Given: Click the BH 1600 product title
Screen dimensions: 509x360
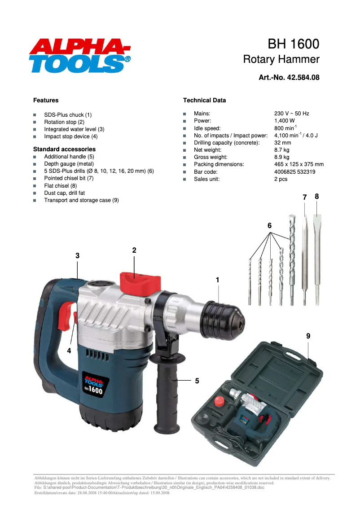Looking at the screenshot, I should pos(294,44).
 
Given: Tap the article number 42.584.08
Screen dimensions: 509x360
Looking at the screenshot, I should pos(289,77).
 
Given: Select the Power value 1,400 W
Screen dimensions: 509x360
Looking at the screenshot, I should pos(284,121).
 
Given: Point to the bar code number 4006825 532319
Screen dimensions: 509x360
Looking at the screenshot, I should pos(294,171).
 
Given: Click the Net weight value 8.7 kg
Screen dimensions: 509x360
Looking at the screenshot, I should pos(281,150).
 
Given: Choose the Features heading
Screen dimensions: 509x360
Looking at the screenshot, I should pos(46,100).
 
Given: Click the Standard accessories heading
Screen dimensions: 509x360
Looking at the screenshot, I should pos(64,149).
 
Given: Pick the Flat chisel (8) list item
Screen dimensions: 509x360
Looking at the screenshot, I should pos(60,185).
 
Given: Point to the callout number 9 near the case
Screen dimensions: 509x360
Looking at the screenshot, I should pos(308,336).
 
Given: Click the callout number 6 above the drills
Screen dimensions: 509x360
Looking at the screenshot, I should pos(270,226).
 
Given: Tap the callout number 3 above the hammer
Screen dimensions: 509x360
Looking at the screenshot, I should pos(77,255).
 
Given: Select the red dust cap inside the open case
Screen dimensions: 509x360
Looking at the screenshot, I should pos(219,401).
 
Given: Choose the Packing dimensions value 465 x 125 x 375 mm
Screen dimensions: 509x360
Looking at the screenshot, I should pos(299,164).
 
